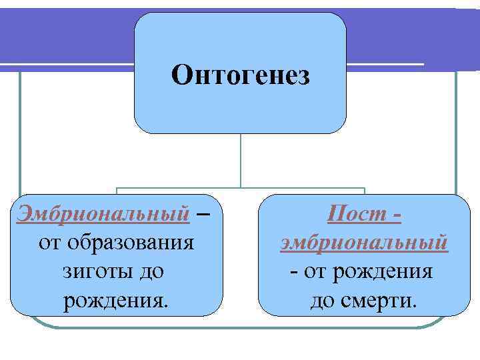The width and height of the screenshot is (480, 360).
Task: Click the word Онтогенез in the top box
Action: click(240, 75)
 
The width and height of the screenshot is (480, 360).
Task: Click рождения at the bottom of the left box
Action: click(116, 301)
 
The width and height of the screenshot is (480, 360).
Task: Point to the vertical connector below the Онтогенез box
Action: click(241, 160)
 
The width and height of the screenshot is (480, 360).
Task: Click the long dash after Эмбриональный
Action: click(204, 215)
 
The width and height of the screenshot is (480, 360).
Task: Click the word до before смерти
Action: click(323, 301)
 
